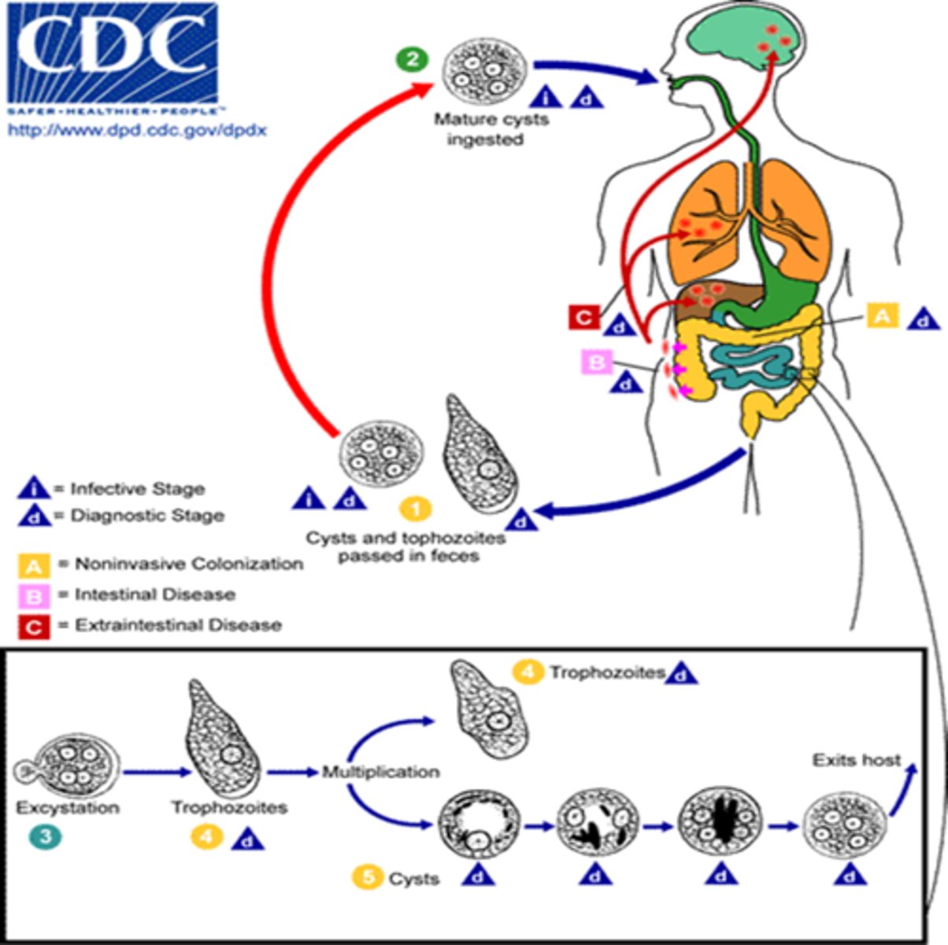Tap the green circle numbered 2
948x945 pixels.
pyautogui.click(x=413, y=60)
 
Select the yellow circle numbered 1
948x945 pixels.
pyautogui.click(x=415, y=509)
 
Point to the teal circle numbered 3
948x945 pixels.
pyautogui.click(x=45, y=836)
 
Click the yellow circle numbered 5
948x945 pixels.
pyautogui.click(x=368, y=877)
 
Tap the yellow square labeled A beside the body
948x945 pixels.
pyautogui.click(x=882, y=316)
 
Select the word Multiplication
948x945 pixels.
pyautogui.click(x=380, y=772)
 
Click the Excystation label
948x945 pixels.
pyautogui.click(x=68, y=808)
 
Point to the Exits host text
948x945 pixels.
pyautogui.click(x=857, y=761)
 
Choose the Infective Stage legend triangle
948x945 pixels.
pyautogui.click(x=33, y=489)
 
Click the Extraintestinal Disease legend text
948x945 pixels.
pyautogui.click(x=178, y=625)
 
